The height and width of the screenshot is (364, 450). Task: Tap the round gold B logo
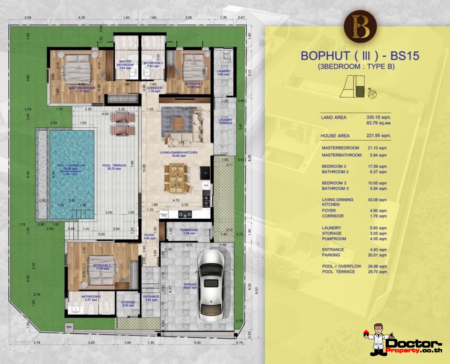[360, 26]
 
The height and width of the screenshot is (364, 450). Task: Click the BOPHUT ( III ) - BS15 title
[360, 56]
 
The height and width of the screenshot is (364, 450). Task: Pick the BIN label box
[69, 327]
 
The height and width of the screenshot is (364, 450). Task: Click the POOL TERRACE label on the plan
[114, 165]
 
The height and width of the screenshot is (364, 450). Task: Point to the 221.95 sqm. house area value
[379, 135]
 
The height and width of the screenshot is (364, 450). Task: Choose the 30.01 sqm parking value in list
[377, 255]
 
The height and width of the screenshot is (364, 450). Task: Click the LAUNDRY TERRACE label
[225, 122]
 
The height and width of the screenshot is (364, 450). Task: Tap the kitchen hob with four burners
[185, 214]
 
